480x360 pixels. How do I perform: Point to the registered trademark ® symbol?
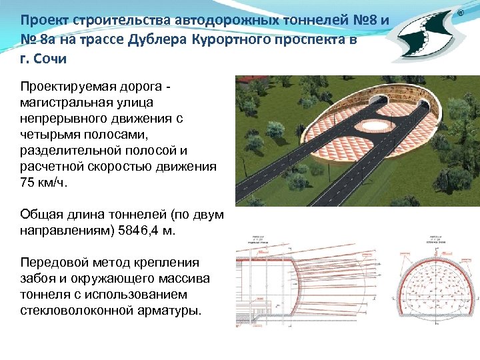coord(459,13)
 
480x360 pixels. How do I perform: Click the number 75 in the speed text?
coord(28,183)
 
